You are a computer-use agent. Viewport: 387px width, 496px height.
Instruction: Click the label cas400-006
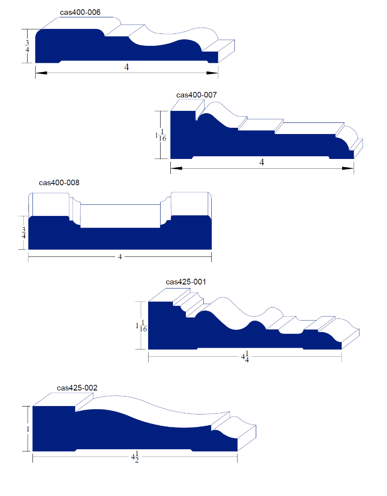[80, 12]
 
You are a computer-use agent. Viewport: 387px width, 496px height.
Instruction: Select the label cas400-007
[197, 95]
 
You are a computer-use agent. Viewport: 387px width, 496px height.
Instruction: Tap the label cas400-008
[59, 183]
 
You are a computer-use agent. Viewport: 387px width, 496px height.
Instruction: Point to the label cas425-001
[186, 282]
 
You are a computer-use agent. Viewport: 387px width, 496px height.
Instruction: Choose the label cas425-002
[77, 388]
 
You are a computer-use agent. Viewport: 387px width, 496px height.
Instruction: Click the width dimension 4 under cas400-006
[127, 67]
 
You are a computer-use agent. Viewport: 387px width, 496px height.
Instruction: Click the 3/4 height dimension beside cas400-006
[27, 46]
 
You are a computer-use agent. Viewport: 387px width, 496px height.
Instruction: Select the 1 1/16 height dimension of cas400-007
[161, 135]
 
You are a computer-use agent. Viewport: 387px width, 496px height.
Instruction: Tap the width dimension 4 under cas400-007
[262, 162]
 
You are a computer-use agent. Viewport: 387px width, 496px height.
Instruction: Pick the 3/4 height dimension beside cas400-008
[24, 232]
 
